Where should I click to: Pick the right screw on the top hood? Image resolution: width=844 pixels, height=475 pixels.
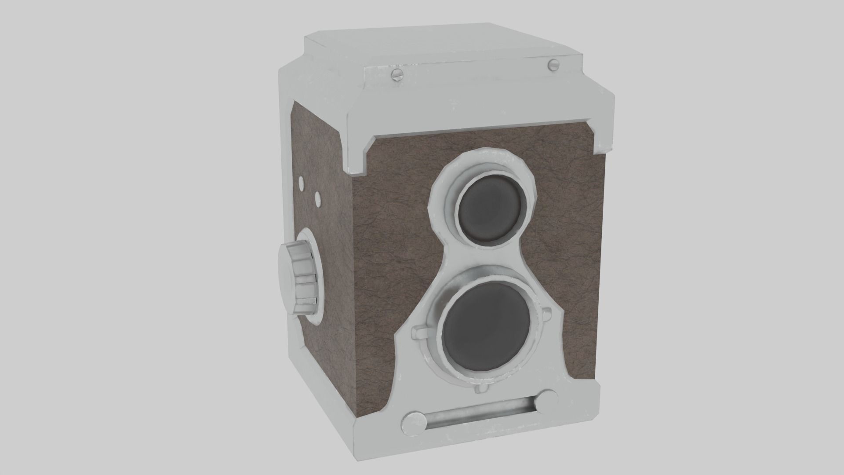click(x=553, y=65)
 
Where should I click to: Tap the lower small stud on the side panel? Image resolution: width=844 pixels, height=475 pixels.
click(x=318, y=199)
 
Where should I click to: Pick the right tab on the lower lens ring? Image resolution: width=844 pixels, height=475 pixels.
click(x=546, y=313)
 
